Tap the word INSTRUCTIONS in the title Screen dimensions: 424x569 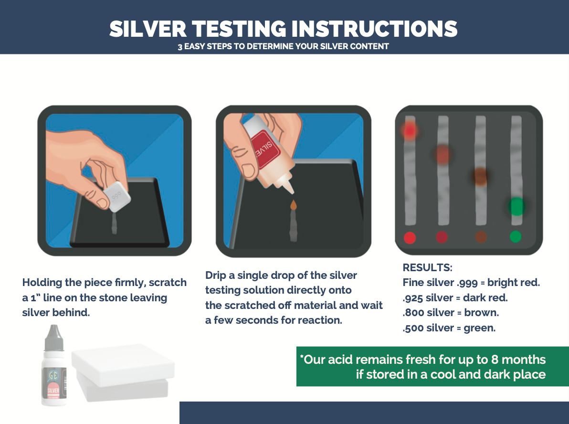pos(374,29)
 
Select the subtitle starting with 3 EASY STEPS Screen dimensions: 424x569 pos(284,47)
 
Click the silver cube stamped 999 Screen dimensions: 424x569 pos(118,196)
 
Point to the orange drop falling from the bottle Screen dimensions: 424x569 pos(293,205)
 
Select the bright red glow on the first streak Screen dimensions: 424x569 pos(410,130)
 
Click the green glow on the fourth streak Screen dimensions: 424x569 pos(516,207)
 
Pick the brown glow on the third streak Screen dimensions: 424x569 pos(480,176)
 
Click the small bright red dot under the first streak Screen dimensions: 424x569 pos(410,237)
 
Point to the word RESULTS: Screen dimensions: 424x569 pos(427,267)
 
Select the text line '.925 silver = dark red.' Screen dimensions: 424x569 pos(455,298)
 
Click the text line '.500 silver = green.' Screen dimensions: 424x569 pos(449,328)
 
